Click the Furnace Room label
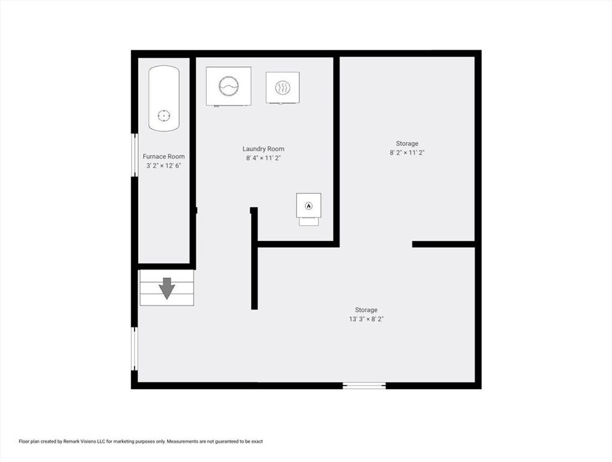click(164, 157)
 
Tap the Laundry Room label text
click(264, 149)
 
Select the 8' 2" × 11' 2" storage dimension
click(407, 152)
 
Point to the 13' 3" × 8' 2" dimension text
click(366, 319)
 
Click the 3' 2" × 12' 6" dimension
click(164, 166)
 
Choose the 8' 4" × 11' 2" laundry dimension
click(264, 158)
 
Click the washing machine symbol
click(229, 86)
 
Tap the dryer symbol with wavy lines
click(283, 88)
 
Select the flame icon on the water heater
click(309, 206)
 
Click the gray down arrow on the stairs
click(167, 288)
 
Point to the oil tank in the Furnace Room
click(164, 99)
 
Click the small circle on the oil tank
click(164, 115)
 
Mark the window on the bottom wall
click(364, 385)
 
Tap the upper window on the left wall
click(134, 155)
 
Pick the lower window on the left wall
click(134, 348)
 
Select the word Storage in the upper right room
click(407, 143)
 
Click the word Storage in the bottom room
click(366, 310)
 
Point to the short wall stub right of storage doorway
click(443, 244)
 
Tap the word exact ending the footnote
click(257, 441)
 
